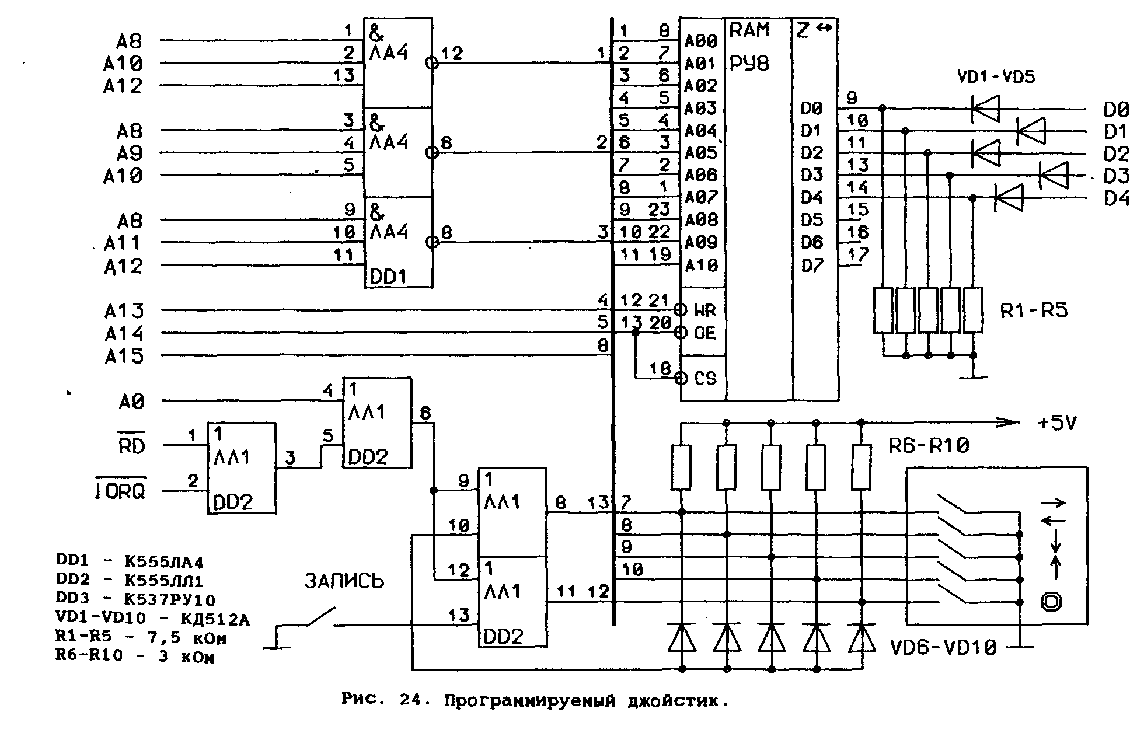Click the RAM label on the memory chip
tap(749, 30)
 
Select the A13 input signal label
tap(124, 311)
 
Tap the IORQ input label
tap(120, 491)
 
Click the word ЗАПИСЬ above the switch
tap(344, 581)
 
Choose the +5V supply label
tap(1057, 423)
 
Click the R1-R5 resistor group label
tap(1034, 311)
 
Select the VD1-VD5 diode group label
tap(996, 77)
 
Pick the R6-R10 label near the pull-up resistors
tap(929, 445)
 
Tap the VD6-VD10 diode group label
tap(943, 647)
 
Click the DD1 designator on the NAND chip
tap(388, 277)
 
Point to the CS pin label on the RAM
tap(705, 378)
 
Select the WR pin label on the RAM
tap(704, 310)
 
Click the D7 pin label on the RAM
tap(812, 266)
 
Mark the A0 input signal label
tap(131, 402)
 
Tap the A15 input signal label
tap(124, 356)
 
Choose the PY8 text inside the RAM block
tap(749, 63)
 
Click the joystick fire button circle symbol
tap(1051, 602)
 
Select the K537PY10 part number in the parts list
tap(170, 599)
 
